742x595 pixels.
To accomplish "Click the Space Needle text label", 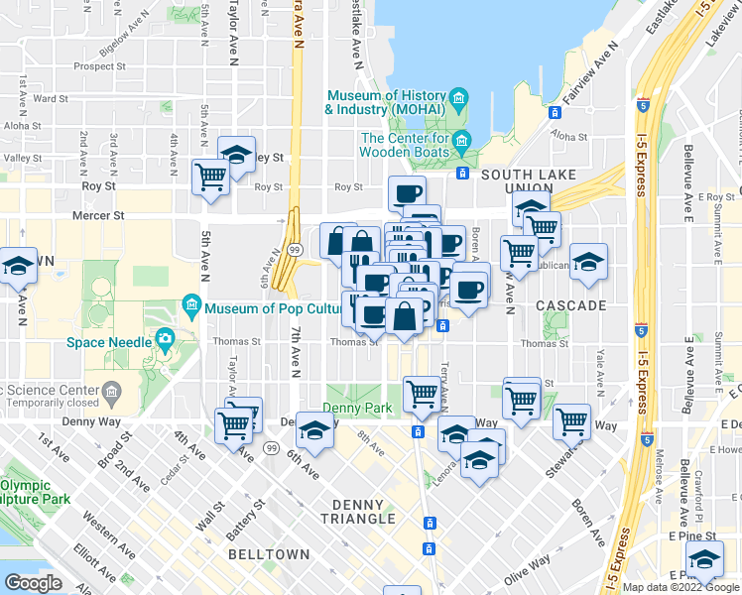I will tap(108, 343).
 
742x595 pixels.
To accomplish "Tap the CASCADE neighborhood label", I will tap(570, 305).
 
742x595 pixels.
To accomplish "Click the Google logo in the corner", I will tap(33, 583).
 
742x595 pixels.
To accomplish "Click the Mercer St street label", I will tap(98, 213).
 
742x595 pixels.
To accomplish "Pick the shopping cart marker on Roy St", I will tap(210, 178).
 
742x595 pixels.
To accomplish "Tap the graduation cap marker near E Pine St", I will tap(705, 561).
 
